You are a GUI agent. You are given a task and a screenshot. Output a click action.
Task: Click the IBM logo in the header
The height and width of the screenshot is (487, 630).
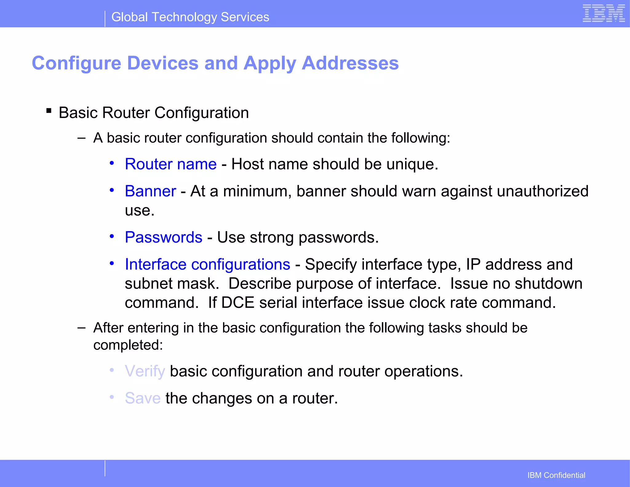(604, 14)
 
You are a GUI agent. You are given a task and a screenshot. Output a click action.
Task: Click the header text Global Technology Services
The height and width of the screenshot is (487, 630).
(190, 17)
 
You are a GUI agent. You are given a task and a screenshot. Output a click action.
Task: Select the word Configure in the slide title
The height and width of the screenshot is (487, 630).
(77, 63)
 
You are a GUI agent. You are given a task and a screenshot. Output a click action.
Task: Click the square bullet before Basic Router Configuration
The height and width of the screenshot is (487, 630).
(49, 111)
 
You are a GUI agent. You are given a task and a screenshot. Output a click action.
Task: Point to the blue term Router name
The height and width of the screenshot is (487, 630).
(171, 164)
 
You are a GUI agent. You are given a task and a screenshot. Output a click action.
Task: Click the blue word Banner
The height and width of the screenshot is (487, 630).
(150, 191)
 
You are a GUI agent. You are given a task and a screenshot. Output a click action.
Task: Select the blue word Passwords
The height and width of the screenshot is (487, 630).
(164, 237)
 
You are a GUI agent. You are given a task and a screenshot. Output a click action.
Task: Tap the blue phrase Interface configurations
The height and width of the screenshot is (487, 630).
(207, 264)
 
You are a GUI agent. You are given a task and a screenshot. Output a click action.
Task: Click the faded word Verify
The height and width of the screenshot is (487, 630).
(145, 371)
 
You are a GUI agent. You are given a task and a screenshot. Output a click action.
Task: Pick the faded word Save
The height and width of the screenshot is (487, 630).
(143, 398)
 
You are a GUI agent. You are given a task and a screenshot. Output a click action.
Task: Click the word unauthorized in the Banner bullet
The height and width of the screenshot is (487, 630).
(542, 191)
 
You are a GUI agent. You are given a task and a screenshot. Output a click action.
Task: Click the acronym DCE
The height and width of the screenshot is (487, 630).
(237, 303)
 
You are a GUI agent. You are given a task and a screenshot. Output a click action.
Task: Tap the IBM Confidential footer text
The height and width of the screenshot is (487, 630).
(556, 475)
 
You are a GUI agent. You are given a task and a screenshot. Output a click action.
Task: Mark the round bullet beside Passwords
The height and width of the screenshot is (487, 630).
(112, 236)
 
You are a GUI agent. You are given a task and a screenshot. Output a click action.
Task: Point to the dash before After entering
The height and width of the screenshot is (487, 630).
(82, 328)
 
